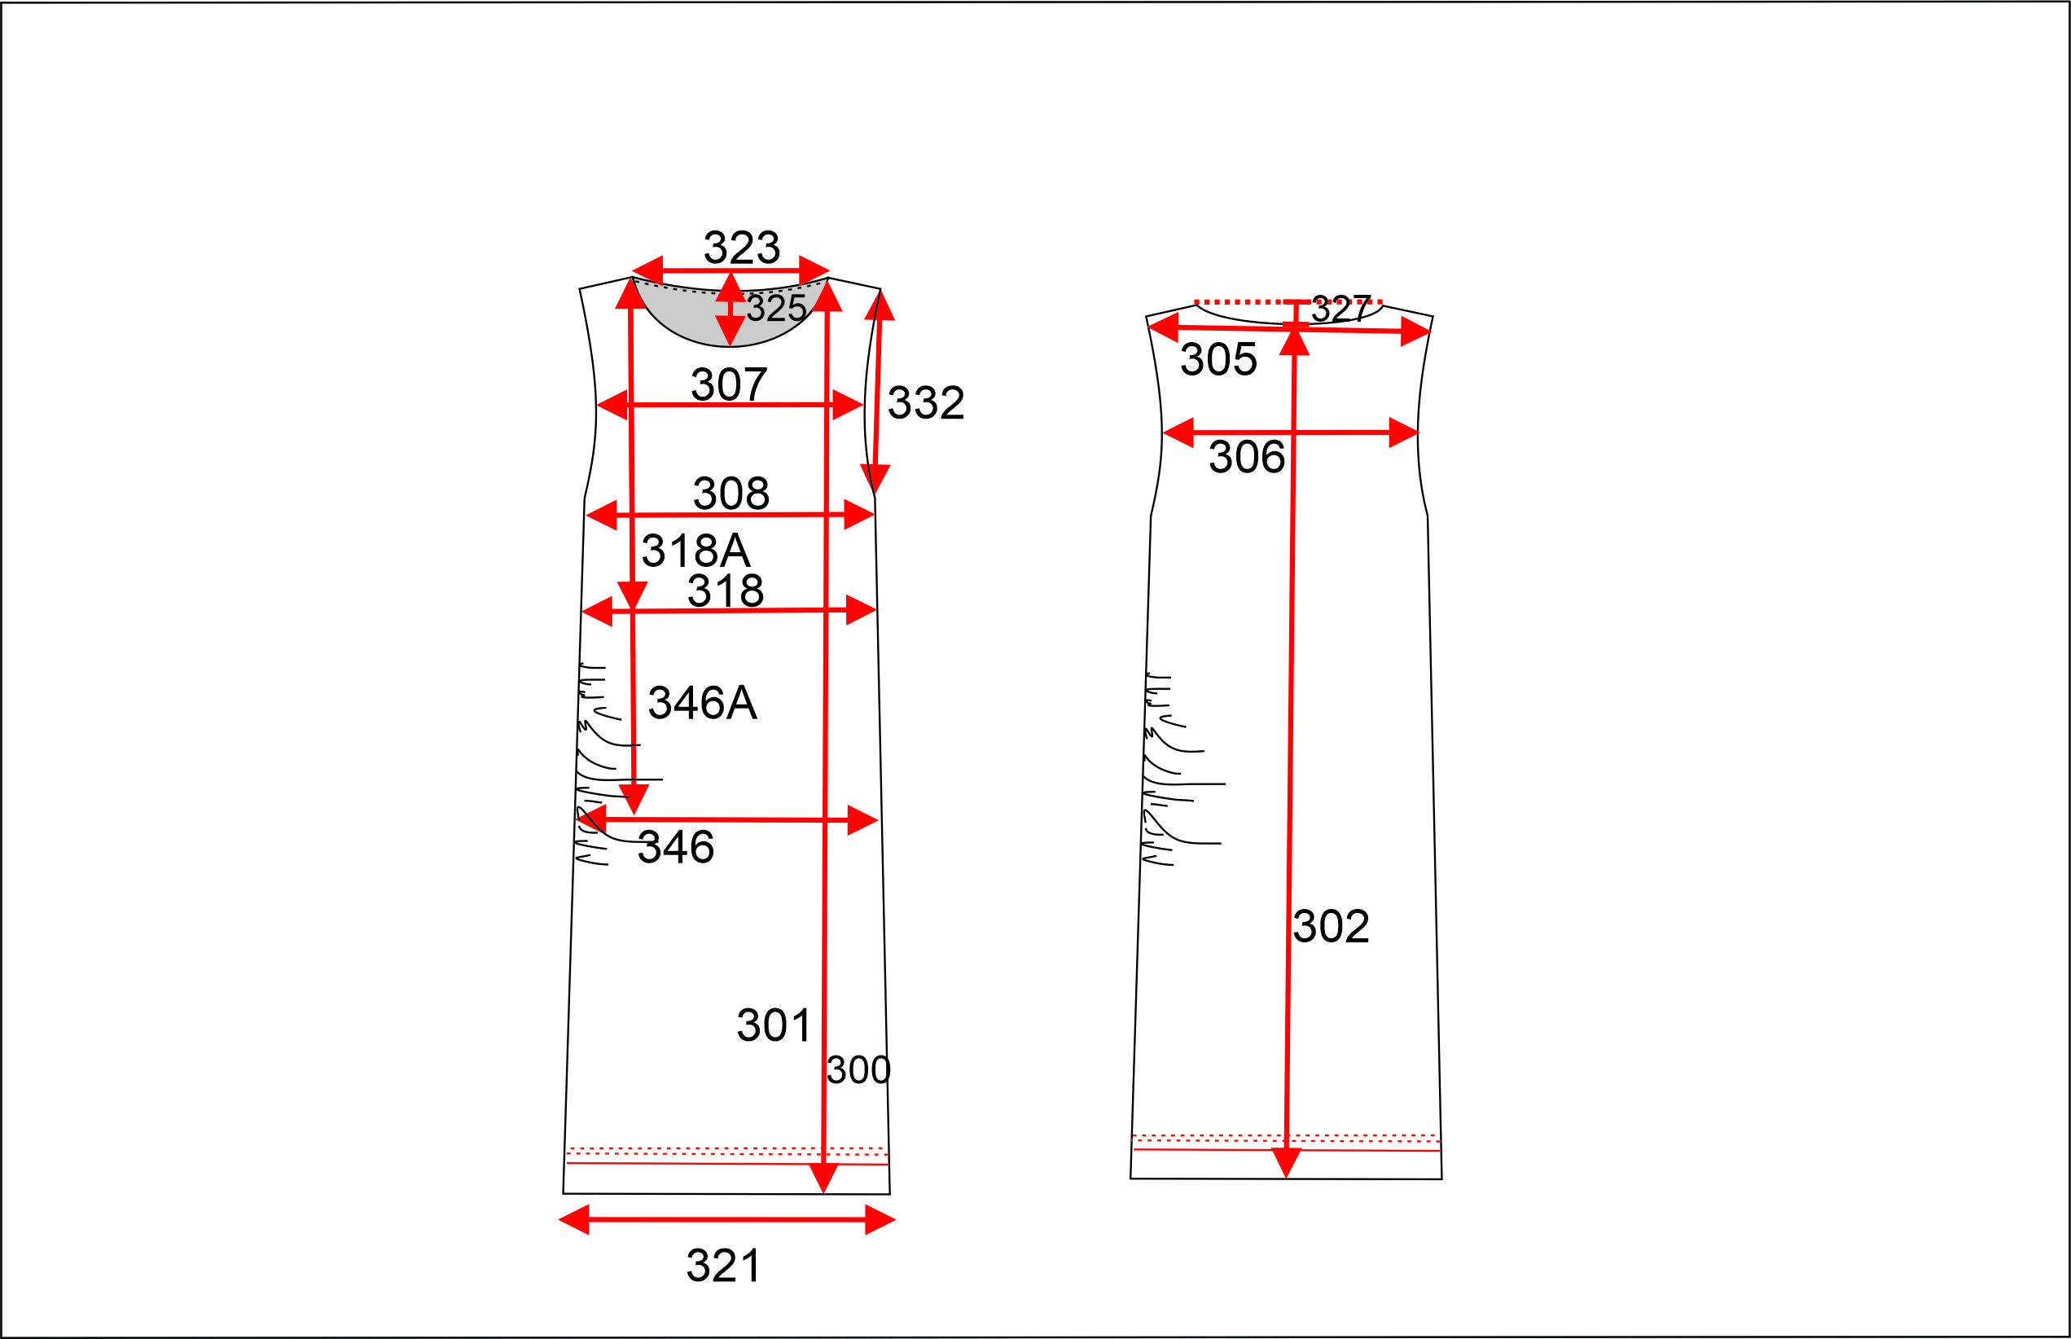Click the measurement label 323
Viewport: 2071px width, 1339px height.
click(x=742, y=248)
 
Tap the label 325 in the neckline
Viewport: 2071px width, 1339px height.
click(x=776, y=308)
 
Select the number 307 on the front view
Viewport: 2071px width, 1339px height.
click(x=729, y=384)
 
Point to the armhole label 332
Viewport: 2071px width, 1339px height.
click(x=926, y=402)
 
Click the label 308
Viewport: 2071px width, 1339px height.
click(x=731, y=493)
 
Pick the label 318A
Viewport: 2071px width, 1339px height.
click(x=695, y=551)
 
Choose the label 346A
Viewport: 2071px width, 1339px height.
click(x=703, y=703)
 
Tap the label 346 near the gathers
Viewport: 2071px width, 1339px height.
click(x=676, y=847)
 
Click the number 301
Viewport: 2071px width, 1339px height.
click(x=774, y=1025)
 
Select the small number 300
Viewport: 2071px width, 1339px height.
click(x=858, y=1070)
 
